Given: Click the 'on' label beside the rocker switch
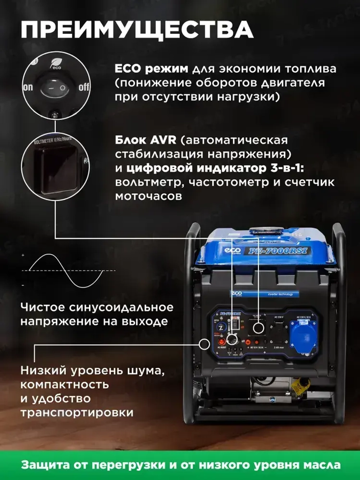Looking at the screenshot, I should (x=28, y=87).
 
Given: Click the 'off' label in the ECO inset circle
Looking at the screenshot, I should (x=84, y=87).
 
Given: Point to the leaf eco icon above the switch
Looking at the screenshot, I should (x=55, y=63).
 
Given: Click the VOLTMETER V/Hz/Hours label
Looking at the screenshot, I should (x=53, y=140).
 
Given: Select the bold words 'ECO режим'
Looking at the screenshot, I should (x=151, y=68).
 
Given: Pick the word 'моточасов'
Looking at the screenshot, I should (x=148, y=196).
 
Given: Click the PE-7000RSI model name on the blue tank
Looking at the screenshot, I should (x=279, y=251).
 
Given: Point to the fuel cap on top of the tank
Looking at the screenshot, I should (x=266, y=231).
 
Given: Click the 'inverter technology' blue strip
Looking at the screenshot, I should (x=280, y=294).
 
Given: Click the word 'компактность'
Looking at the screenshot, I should (x=65, y=385).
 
